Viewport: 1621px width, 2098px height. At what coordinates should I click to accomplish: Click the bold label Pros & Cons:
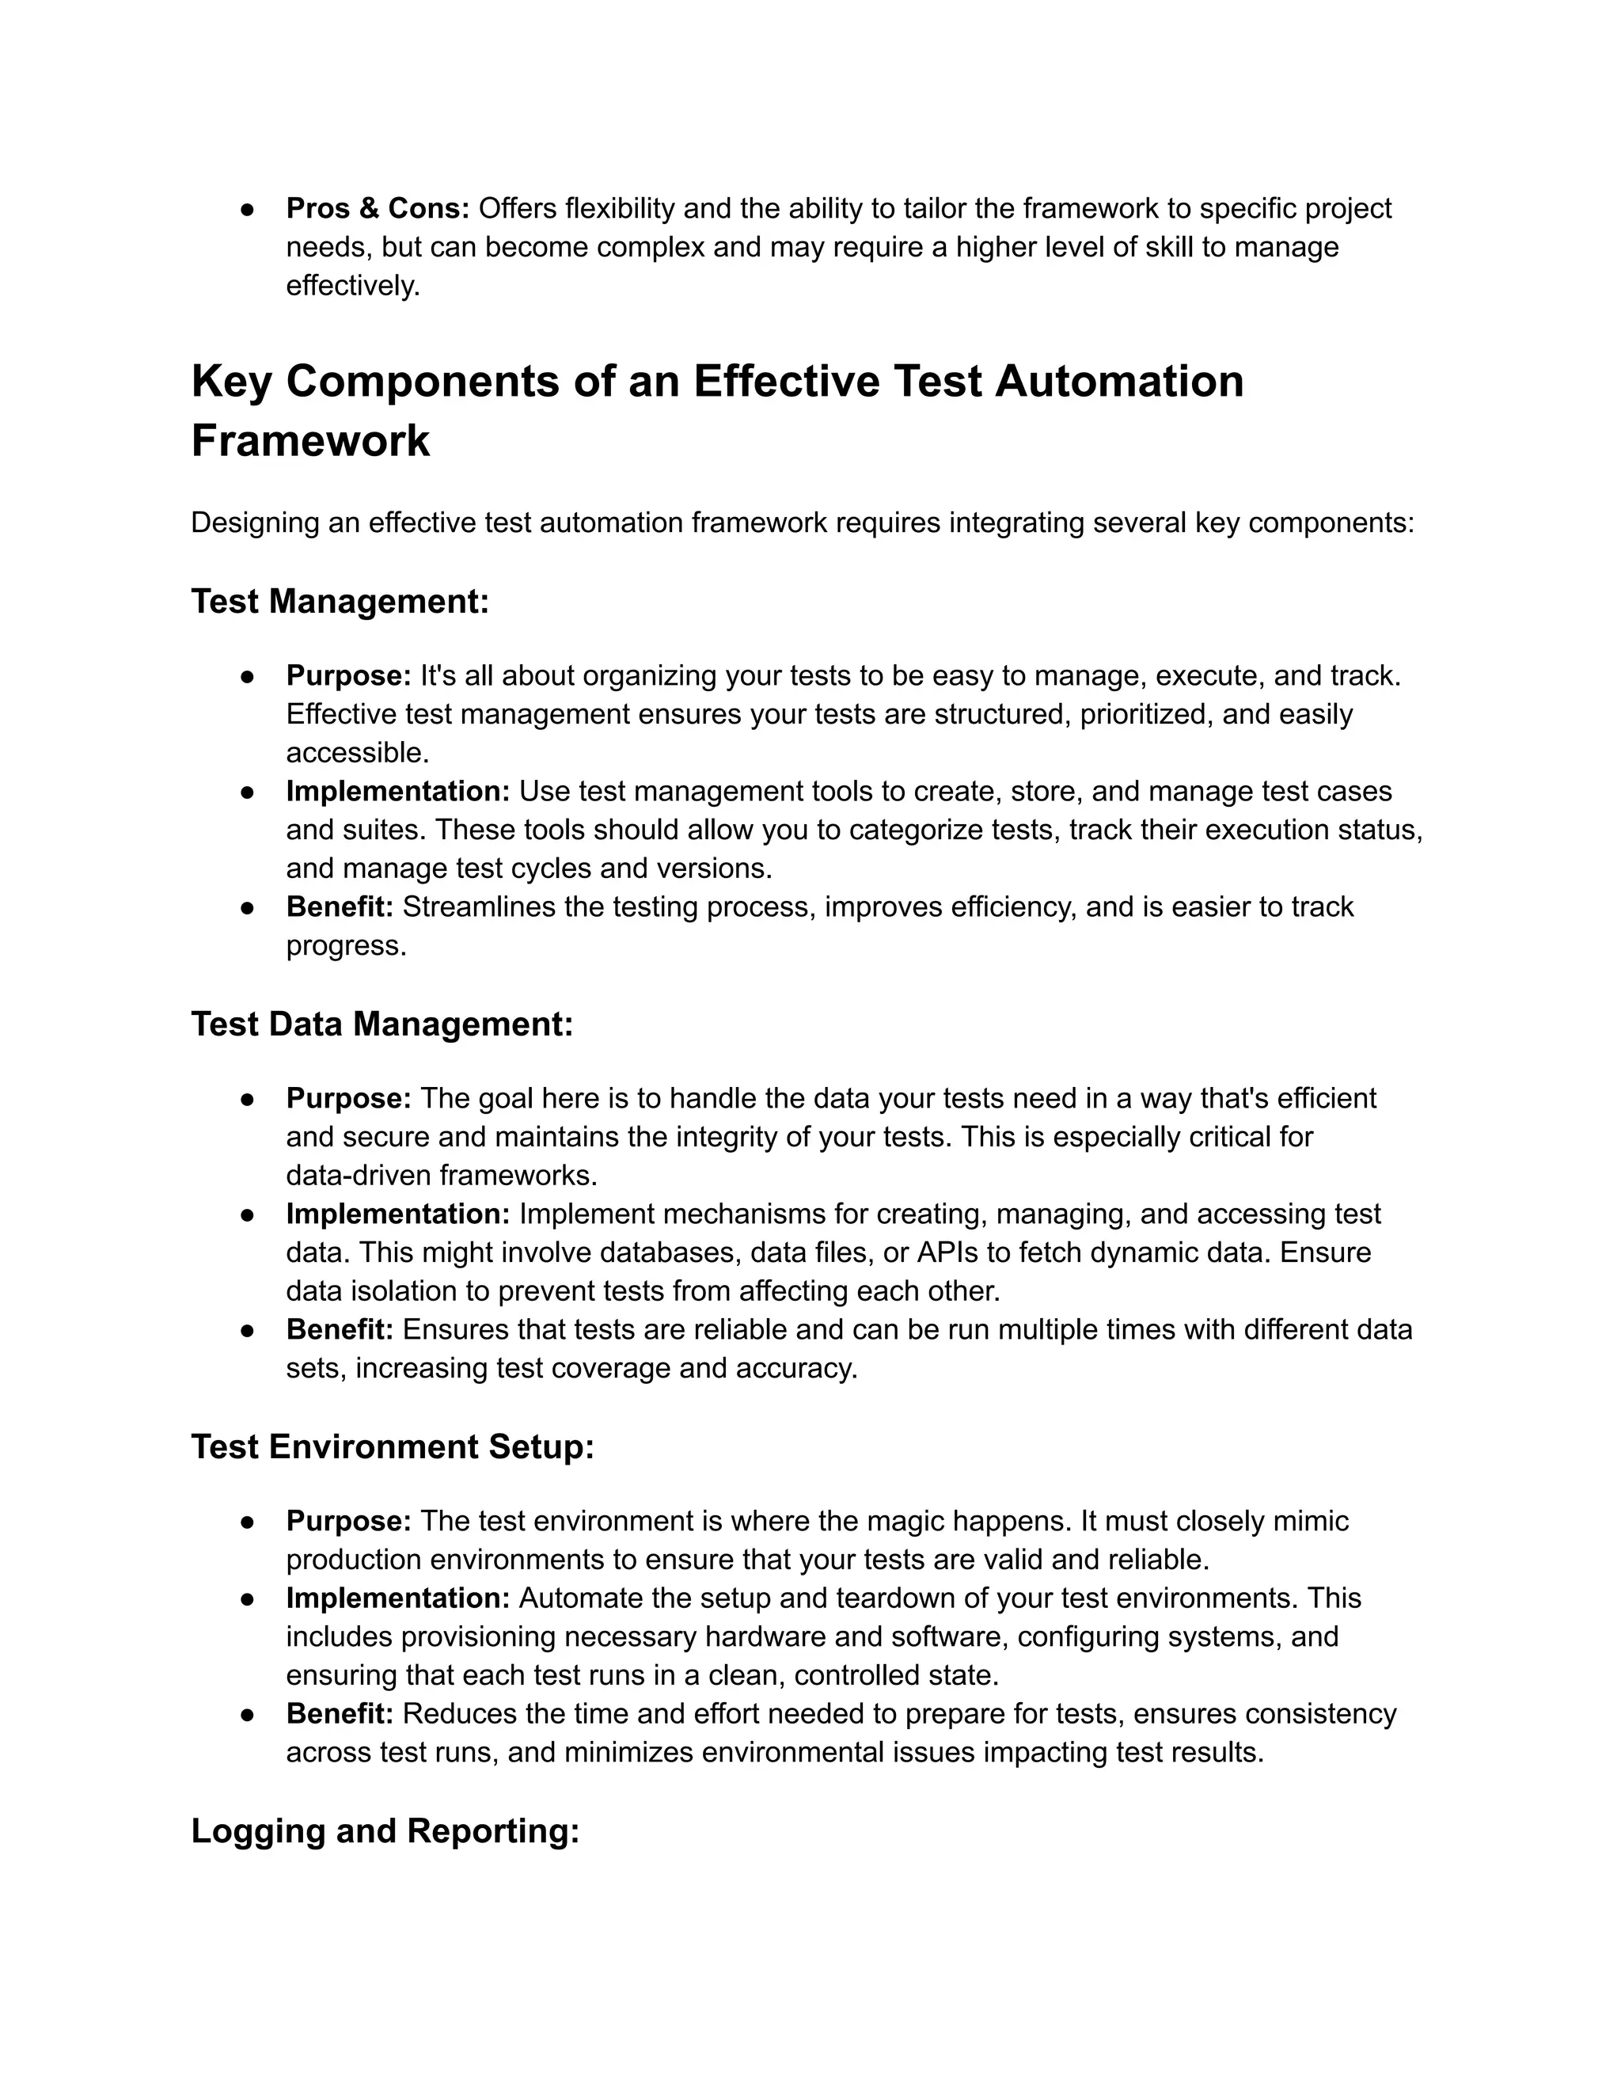[378, 208]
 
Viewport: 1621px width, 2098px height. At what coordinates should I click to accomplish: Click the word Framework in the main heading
[310, 441]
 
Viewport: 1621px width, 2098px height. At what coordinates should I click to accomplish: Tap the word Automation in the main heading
[1118, 382]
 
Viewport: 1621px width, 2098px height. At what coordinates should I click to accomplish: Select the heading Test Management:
[340, 602]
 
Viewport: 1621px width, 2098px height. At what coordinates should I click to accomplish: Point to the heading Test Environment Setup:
[392, 1446]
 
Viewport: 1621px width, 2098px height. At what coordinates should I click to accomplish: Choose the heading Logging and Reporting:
[385, 1831]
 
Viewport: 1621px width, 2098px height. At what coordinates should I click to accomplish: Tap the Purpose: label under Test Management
[348, 675]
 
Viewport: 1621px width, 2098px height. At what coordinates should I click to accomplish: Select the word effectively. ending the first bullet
[353, 287]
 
